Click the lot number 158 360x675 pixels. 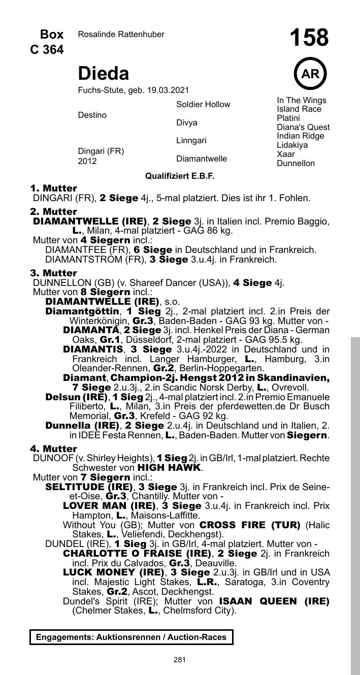click(309, 38)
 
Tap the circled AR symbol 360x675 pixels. click(310, 74)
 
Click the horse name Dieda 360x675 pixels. click(103, 74)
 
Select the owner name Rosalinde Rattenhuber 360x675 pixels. click(121, 35)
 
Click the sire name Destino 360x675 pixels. click(92, 115)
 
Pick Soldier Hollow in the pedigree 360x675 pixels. click(203, 105)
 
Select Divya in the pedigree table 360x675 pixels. click(187, 123)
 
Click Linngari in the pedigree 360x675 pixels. click(191, 140)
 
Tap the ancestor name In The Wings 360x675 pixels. click(302, 100)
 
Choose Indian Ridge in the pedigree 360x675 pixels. click(300, 136)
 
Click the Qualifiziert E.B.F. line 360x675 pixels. click(180, 176)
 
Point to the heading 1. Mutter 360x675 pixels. click(54, 188)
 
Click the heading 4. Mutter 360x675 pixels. click(54, 449)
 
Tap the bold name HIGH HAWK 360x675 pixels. click(170, 467)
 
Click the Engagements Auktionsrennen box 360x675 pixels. click(132, 637)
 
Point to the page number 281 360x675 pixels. click(179, 660)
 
